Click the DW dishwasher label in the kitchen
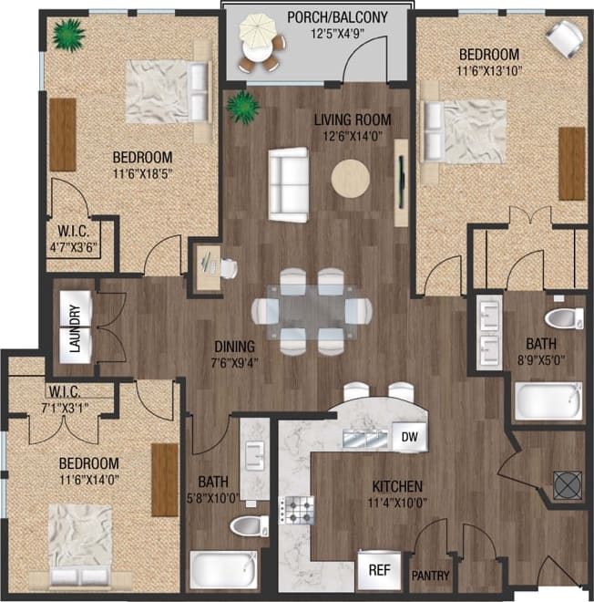409,437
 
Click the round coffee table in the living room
351,178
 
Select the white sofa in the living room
288,182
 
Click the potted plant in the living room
243,106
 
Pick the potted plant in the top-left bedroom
67,36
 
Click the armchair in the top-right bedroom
566,38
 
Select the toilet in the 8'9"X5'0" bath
563,319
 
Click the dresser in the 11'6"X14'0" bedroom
165,480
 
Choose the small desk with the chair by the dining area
209,265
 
